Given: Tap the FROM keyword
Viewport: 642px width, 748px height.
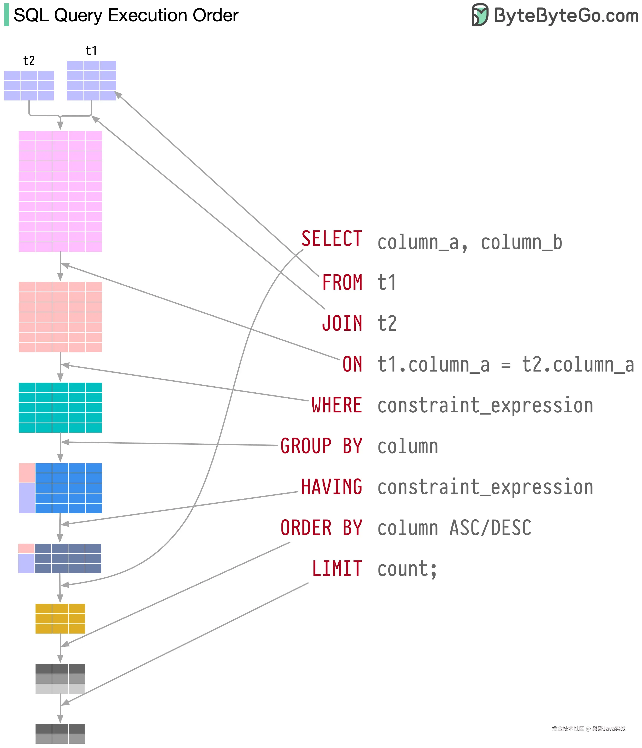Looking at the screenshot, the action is click(342, 282).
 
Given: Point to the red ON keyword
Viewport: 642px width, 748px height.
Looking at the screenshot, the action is click(352, 364).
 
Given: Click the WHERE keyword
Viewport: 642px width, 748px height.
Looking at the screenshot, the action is click(337, 405).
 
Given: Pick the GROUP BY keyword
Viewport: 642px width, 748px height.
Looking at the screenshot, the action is click(321, 446).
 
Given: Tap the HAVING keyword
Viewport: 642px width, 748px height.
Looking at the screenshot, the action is click(332, 487).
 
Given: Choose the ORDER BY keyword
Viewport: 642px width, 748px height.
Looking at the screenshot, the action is click(321, 527).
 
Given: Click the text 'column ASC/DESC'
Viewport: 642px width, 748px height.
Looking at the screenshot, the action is click(454, 528).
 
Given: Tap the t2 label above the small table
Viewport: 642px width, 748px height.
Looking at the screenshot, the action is click(29, 61).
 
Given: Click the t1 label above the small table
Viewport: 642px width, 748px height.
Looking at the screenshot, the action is click(91, 51).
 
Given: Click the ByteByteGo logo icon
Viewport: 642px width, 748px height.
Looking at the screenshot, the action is click(480, 15).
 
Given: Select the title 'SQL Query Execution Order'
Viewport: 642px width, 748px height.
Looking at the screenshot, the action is click(126, 15).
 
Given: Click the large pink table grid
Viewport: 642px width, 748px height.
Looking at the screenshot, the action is click(60, 191).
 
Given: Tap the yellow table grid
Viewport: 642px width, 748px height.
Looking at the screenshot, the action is click(60, 619).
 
